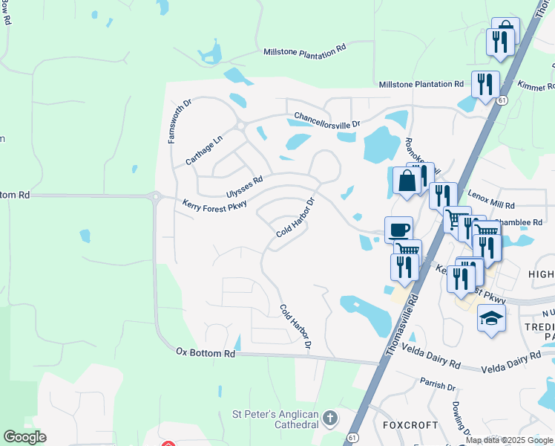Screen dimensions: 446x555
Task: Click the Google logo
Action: [24, 437]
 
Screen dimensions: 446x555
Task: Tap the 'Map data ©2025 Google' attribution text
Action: [510, 440]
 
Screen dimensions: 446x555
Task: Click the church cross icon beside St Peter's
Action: [331, 419]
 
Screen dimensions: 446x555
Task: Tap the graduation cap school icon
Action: [491, 319]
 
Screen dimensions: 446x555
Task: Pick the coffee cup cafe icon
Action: [398, 228]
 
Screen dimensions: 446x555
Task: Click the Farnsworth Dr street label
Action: [180, 120]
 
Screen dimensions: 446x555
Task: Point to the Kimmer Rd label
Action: [536, 87]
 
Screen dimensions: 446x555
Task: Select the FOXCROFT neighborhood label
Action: [407, 426]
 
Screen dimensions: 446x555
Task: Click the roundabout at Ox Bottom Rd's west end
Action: [156, 197]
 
